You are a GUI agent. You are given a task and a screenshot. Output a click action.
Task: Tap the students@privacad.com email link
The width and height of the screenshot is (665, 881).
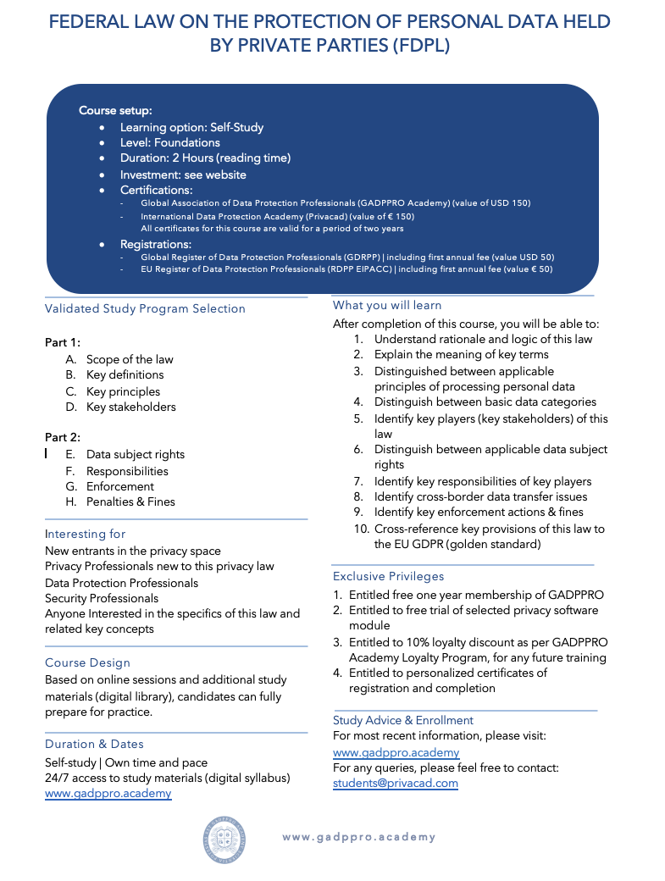[x=396, y=783]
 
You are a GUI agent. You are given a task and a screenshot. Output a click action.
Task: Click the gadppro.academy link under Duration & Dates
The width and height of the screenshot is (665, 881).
[x=108, y=793]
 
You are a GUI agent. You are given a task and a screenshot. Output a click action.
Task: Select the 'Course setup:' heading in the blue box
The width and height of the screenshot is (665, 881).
[x=115, y=111]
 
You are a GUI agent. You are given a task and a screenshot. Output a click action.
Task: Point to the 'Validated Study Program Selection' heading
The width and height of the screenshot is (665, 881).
[x=145, y=308]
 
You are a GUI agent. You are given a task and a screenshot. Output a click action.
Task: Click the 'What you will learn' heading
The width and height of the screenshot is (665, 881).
[x=387, y=305]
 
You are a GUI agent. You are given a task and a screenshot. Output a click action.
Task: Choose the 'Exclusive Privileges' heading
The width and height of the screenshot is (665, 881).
[x=388, y=576]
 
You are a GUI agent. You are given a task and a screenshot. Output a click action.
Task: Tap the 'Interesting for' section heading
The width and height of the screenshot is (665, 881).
[x=85, y=534]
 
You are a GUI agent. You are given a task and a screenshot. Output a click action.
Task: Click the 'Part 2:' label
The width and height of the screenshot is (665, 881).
[x=63, y=437]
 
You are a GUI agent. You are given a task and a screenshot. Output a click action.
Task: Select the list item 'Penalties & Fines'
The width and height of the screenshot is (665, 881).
[x=130, y=501]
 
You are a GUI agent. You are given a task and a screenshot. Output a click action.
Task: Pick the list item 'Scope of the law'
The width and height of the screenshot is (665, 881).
[x=130, y=359]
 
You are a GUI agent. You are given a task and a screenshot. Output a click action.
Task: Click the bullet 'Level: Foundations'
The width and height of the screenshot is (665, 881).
[x=169, y=143]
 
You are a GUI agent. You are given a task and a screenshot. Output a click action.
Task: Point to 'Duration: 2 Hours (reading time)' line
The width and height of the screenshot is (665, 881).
[x=205, y=158]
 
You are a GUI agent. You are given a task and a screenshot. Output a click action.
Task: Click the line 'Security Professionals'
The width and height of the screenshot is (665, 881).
[x=102, y=598]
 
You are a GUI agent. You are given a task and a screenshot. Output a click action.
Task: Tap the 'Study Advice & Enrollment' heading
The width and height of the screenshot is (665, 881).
[x=403, y=720]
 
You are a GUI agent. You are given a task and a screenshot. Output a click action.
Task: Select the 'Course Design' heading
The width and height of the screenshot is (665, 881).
[x=87, y=662]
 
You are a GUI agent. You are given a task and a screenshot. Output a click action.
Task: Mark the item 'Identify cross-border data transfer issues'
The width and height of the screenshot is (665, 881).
[x=480, y=496]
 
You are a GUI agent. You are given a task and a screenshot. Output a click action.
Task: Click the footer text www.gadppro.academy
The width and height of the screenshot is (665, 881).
[x=359, y=837]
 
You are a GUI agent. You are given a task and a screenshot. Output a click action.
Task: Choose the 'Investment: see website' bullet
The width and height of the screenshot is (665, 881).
[x=183, y=175]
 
